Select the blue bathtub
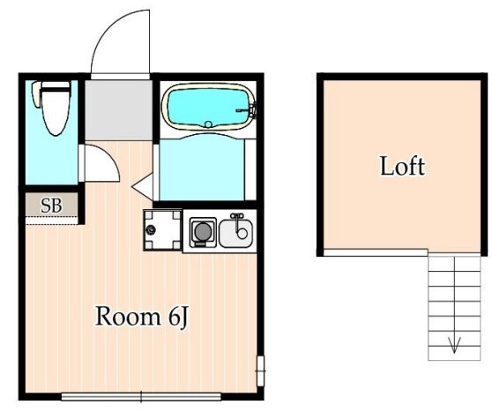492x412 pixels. [x=209, y=107]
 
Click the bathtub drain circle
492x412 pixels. [x=208, y=124]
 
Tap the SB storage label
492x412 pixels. [x=51, y=206]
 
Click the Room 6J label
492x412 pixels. [x=142, y=317]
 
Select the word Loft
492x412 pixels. [x=403, y=166]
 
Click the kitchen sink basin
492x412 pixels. [x=236, y=234]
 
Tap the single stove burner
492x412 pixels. [x=203, y=232]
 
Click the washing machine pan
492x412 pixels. [x=162, y=230]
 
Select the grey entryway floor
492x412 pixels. [x=119, y=110]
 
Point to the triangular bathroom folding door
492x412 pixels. [x=144, y=187]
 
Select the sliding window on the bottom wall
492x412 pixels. [x=141, y=397]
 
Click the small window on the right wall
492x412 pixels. [x=260, y=371]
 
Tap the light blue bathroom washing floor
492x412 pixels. [x=202, y=168]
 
